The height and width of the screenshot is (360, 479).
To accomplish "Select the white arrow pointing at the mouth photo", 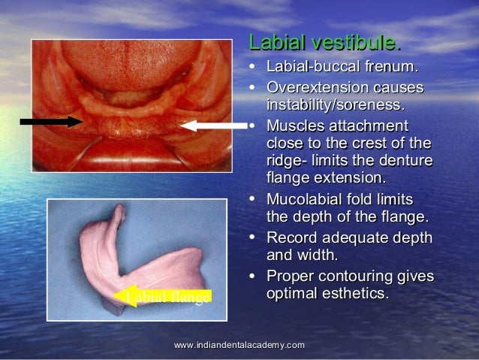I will (214, 126).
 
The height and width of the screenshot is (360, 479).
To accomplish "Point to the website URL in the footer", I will (239, 344).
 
